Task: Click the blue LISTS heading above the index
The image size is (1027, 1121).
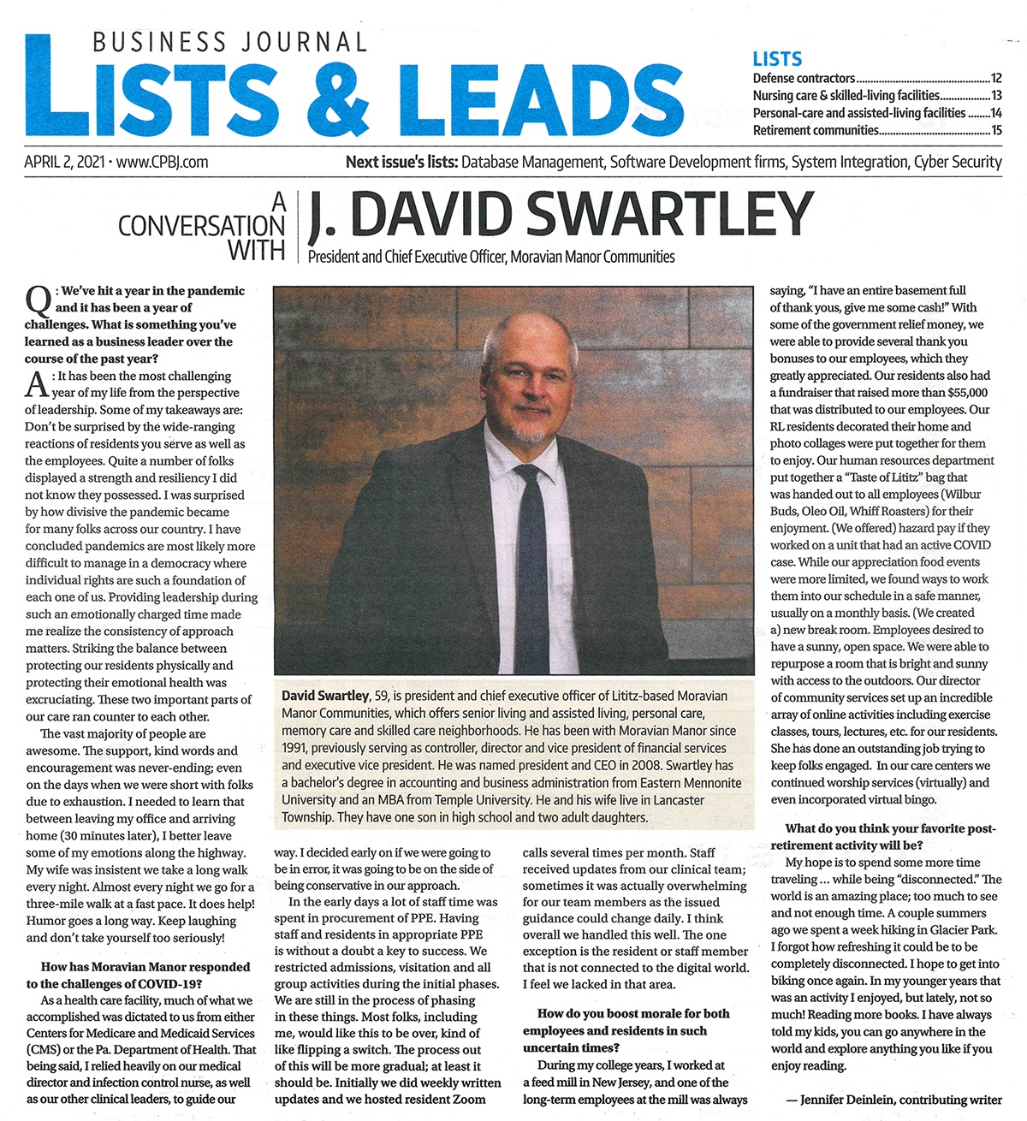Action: click(x=777, y=59)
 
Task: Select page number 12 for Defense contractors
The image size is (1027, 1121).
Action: click(x=996, y=78)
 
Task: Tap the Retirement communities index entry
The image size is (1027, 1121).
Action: click(x=816, y=130)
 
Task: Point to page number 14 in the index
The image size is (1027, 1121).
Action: click(x=996, y=113)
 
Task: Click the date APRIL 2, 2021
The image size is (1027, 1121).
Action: click(x=64, y=162)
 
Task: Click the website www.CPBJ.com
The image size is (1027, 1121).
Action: click(x=162, y=162)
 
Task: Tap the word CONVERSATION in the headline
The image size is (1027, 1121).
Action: click(x=201, y=226)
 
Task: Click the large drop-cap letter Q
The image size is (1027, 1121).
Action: click(x=38, y=301)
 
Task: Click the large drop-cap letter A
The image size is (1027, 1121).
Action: click(x=37, y=385)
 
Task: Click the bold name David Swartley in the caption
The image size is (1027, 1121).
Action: click(x=324, y=696)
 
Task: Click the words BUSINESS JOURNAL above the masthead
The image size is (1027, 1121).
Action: click(x=229, y=41)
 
